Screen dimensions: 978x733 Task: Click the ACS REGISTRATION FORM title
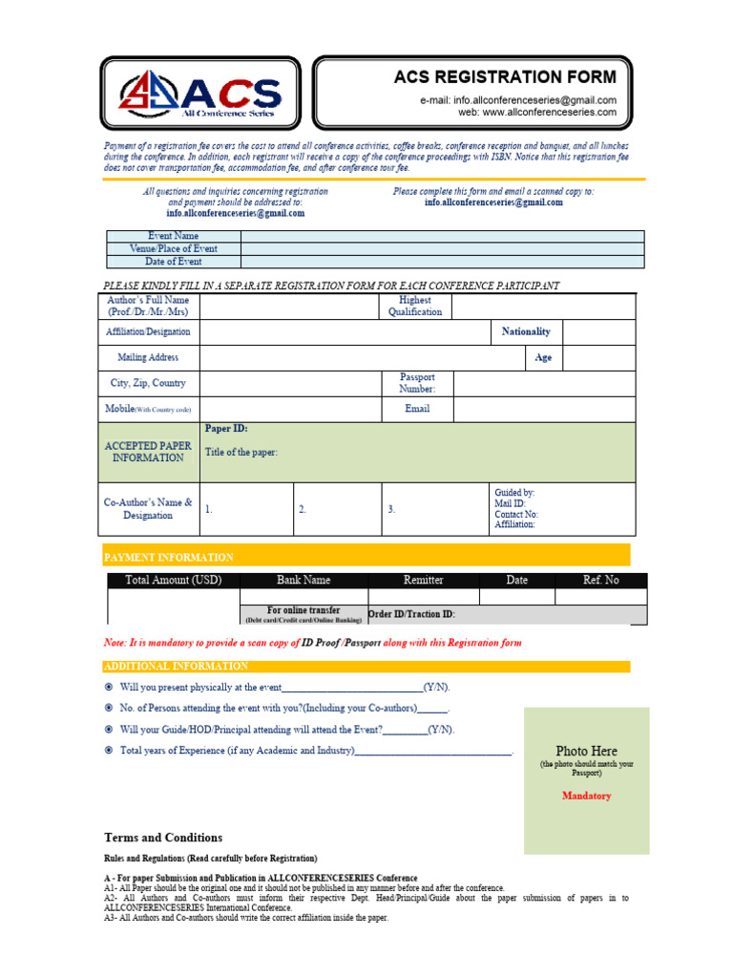pos(505,77)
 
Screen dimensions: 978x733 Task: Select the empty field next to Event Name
pos(442,236)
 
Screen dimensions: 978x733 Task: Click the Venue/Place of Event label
pos(173,248)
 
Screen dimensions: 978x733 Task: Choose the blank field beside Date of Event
pos(442,262)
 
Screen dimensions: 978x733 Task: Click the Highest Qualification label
pos(415,306)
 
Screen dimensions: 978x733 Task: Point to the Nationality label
pos(526,331)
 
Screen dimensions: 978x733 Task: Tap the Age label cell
pos(543,358)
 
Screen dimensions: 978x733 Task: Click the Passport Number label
pos(416,383)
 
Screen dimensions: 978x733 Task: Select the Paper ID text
pos(226,429)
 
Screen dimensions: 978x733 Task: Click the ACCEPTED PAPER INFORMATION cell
pos(148,452)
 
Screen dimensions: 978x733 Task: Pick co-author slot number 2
pos(303,510)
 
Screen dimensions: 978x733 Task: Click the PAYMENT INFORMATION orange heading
pos(168,557)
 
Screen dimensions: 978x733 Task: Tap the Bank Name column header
pos(304,580)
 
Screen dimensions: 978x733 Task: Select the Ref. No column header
pos(600,580)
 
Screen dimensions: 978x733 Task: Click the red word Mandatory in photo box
pos(586,796)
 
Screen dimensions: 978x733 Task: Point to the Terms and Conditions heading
pos(163,838)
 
